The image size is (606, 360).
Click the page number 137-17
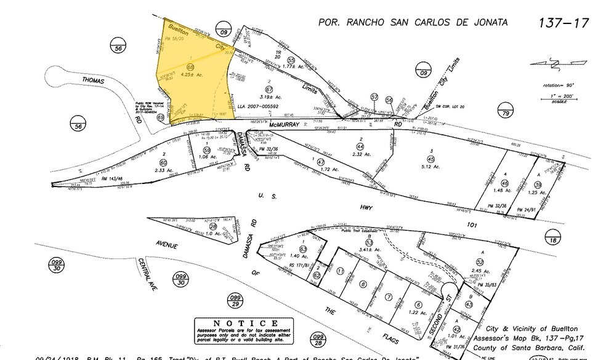tap(564, 23)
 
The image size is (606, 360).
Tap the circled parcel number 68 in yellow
tap(191, 66)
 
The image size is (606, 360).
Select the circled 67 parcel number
tap(269, 89)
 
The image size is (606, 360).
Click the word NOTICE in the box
tap(237, 322)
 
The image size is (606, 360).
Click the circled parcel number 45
tap(431, 159)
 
